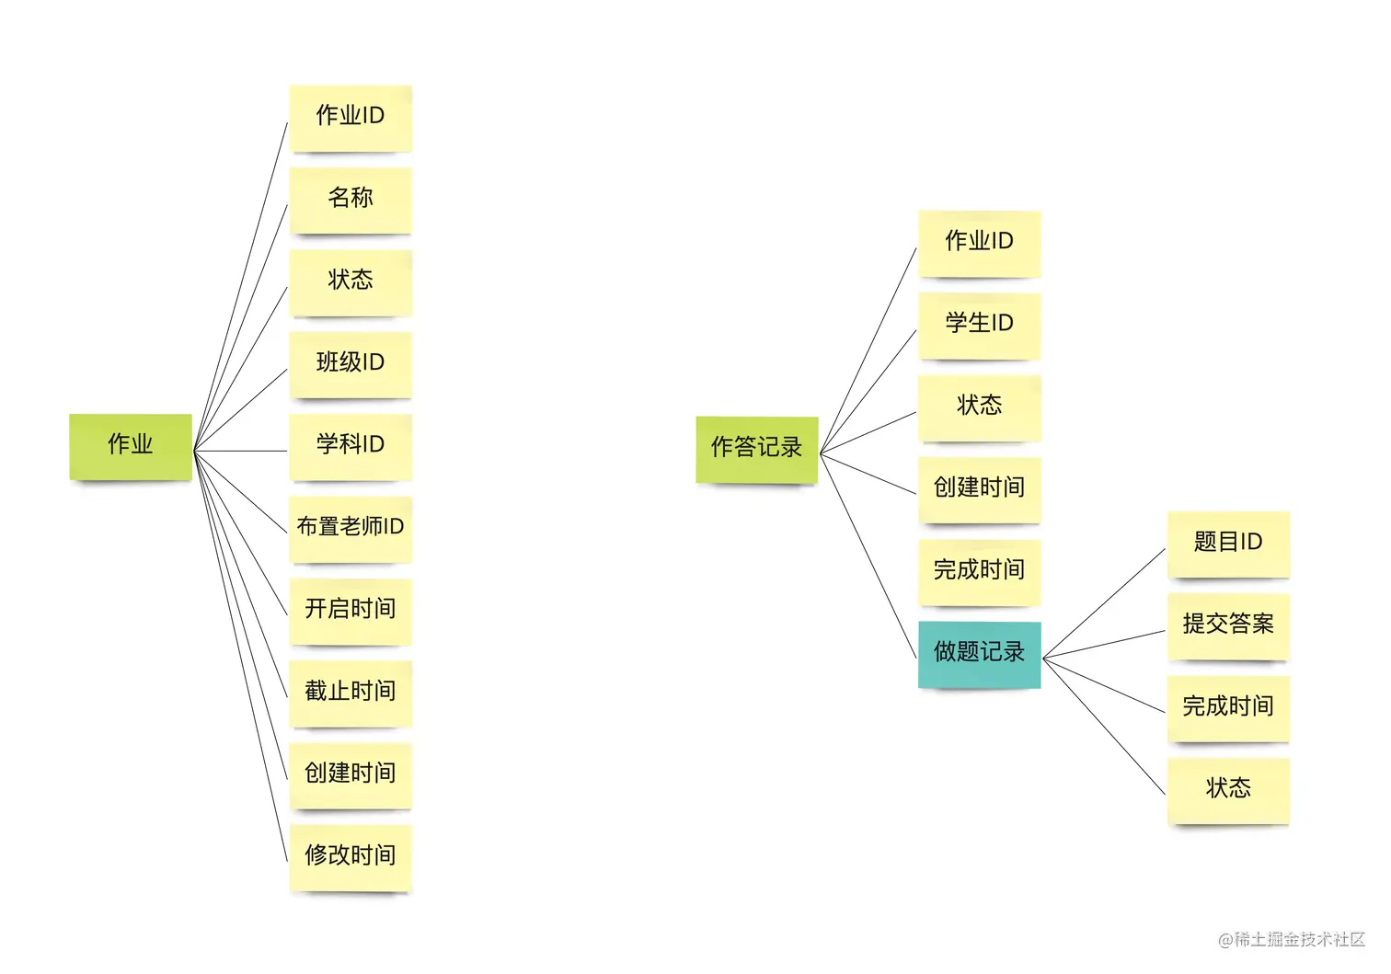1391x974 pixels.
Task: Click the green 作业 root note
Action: click(x=131, y=446)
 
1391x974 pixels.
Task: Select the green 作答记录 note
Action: click(x=756, y=449)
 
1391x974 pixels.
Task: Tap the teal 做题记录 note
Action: click(x=979, y=654)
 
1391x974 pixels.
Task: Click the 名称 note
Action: click(x=351, y=199)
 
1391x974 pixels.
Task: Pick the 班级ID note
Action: click(x=351, y=363)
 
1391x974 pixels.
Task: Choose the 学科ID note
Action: click(x=351, y=446)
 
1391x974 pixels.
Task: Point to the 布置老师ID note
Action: click(x=351, y=528)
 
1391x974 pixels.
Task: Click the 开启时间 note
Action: click(x=351, y=610)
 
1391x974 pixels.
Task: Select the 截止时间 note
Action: click(x=351, y=693)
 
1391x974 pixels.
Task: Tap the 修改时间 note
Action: click(x=351, y=857)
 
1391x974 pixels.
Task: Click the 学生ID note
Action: click(x=979, y=325)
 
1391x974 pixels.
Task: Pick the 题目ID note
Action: click(x=1228, y=544)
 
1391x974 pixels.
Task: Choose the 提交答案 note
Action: click(x=1228, y=625)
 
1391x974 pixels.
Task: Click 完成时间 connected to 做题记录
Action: click(x=1228, y=708)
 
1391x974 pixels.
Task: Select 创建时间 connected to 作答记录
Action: click(x=979, y=489)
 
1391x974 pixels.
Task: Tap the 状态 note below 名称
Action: click(x=351, y=281)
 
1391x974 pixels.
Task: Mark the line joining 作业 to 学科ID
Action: click(x=241, y=451)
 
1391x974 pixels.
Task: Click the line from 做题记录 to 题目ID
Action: click(x=1104, y=602)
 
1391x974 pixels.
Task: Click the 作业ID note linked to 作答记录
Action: click(x=979, y=243)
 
